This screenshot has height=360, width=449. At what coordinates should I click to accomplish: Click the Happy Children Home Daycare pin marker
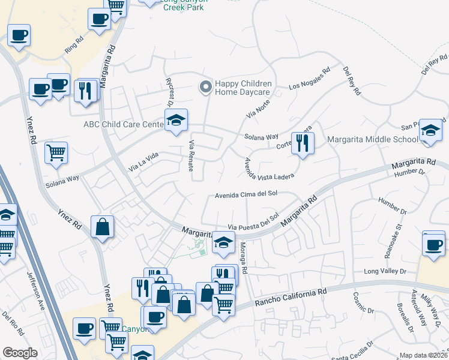click(205, 88)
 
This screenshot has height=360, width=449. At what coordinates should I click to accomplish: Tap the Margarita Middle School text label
click(372, 140)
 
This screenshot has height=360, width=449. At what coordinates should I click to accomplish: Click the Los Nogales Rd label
click(310, 79)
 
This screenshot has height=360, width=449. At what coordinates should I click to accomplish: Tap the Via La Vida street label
click(143, 163)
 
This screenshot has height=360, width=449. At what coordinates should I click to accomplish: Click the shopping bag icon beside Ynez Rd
click(103, 227)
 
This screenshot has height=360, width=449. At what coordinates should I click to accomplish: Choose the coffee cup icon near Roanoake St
click(433, 244)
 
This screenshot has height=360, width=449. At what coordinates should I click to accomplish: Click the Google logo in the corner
click(20, 353)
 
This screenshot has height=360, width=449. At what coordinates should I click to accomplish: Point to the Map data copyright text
click(424, 355)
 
